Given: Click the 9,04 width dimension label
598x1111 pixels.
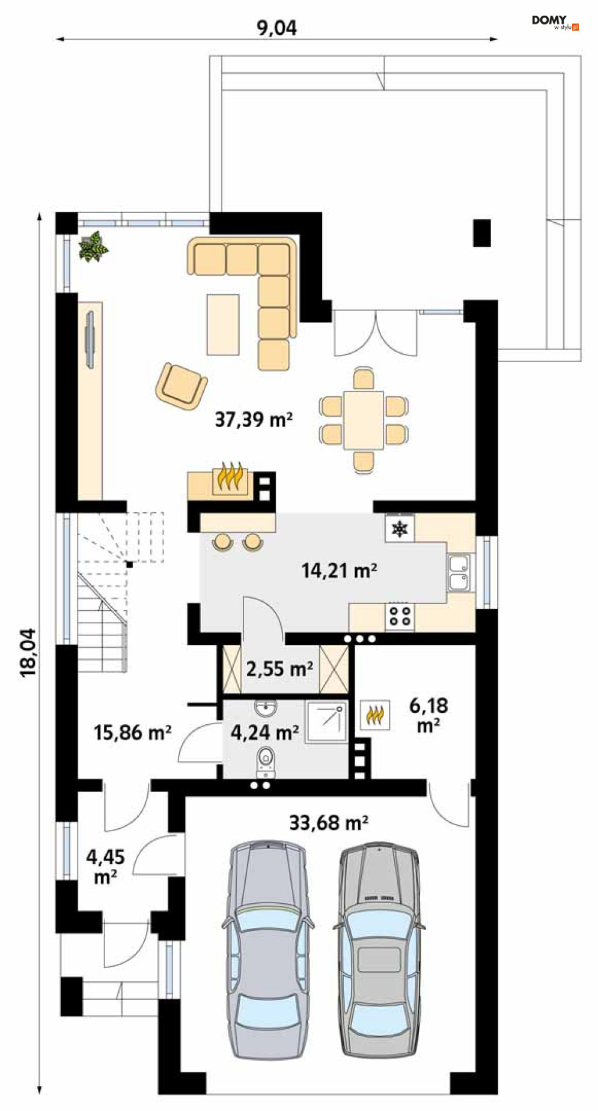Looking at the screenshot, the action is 277,28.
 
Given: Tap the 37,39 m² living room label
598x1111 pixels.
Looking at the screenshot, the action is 254,419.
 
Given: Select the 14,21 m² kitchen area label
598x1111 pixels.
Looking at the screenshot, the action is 339,569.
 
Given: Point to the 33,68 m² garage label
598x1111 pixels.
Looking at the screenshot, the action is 328,822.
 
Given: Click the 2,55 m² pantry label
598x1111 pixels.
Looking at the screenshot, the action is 279,668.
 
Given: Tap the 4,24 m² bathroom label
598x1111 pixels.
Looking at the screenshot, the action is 265,732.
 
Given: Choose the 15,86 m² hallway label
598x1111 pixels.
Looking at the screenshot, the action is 132,732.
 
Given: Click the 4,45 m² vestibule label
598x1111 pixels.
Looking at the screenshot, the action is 105,866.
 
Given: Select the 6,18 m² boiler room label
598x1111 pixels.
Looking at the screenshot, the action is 429,715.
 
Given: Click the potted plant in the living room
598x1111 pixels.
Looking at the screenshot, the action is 93,246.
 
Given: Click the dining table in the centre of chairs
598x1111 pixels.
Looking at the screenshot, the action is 363,420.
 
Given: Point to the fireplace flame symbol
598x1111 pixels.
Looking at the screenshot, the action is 231,477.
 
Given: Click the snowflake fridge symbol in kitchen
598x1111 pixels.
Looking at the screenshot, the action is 400,528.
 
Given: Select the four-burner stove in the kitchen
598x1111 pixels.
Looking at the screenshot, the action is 400,616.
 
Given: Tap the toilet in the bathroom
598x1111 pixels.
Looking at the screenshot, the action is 265,761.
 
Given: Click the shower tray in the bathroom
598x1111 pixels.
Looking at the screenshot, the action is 326,722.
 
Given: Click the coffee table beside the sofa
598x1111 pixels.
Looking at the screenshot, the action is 223,324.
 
